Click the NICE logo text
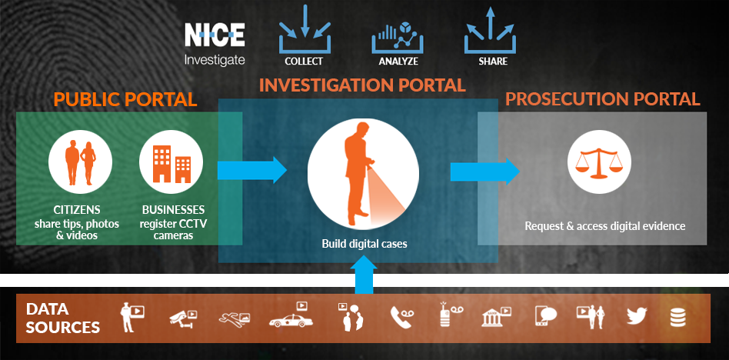[215, 35]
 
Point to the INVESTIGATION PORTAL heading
[362, 85]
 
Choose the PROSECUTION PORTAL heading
[602, 99]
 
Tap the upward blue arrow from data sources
[364, 273]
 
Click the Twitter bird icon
[636, 315]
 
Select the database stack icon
[678, 316]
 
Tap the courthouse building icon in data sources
[496, 316]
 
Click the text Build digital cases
[364, 244]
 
